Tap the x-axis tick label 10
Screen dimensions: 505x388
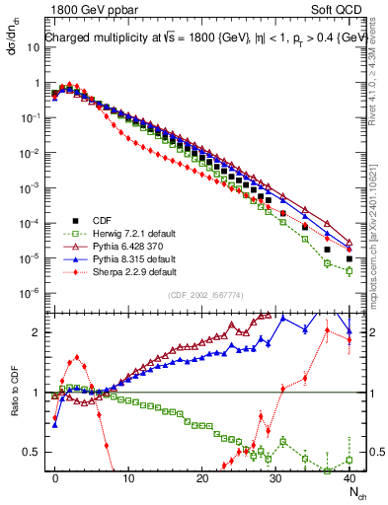129,477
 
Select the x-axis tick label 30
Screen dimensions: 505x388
276,477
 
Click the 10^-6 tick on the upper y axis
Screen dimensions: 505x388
33,293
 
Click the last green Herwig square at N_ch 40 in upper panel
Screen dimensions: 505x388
349,270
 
